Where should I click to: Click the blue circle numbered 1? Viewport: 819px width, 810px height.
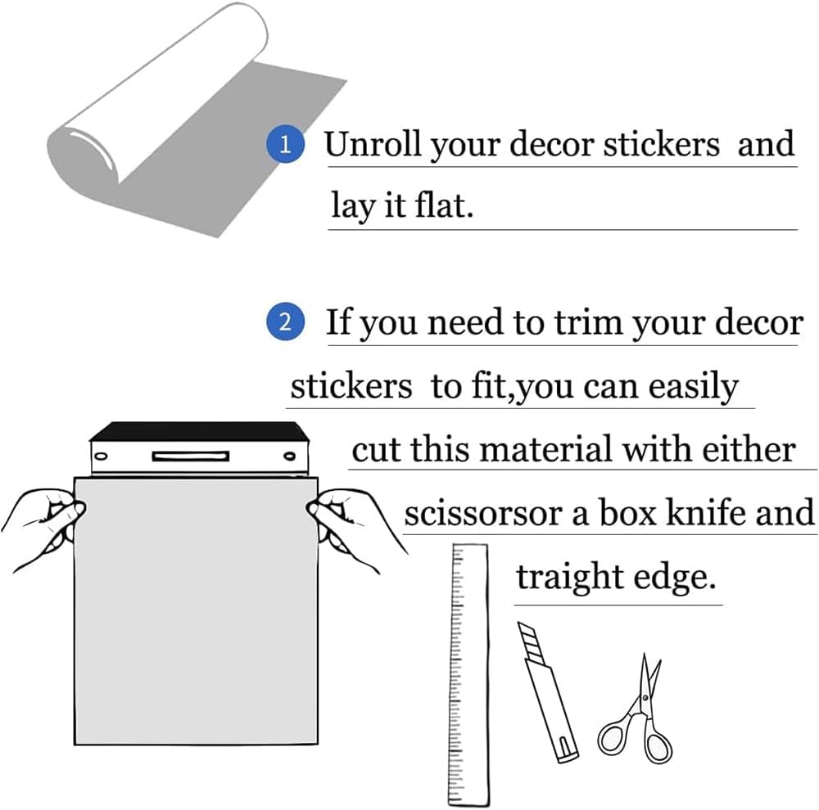[284, 146]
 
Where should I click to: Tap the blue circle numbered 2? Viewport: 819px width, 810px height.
[284, 322]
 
